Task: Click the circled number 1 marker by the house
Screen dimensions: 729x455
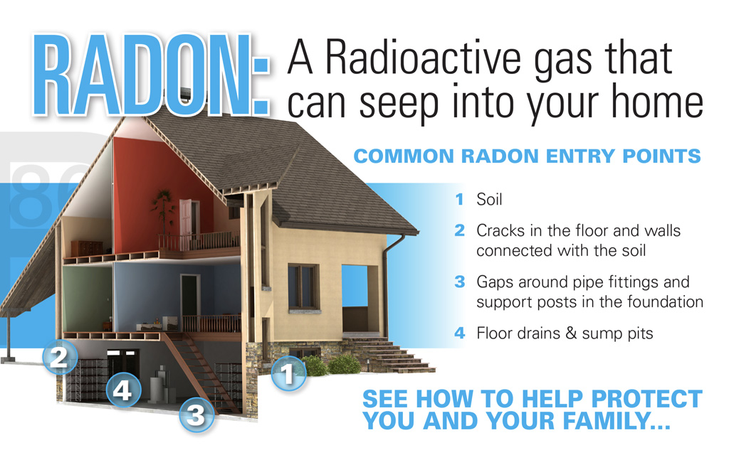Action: [289, 373]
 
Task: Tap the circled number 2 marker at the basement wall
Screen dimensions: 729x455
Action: [60, 357]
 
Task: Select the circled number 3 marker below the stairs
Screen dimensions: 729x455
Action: [196, 414]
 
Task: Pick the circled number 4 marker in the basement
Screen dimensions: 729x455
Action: [123, 390]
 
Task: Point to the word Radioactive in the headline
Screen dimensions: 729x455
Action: [424, 58]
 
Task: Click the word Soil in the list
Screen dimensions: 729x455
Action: [489, 199]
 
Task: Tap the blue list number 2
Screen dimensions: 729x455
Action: [459, 230]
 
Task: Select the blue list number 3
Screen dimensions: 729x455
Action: [459, 282]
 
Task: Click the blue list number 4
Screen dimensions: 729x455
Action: [459, 333]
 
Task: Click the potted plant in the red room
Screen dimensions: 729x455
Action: [163, 212]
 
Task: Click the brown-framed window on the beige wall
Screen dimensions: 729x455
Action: [303, 287]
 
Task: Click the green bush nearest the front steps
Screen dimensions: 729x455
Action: [344, 365]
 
